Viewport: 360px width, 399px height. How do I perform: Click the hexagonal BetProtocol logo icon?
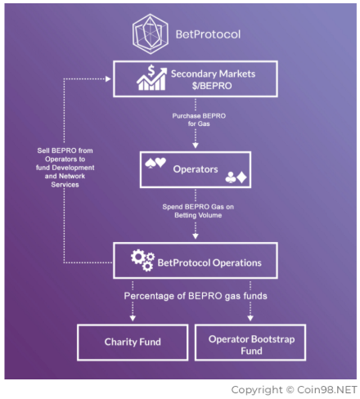coord(150,34)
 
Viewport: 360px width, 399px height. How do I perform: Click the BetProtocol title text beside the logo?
coord(208,34)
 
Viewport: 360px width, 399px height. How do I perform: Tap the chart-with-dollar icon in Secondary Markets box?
coord(151,78)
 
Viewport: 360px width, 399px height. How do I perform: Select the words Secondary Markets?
coord(213,74)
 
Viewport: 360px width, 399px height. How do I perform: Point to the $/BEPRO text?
coord(212,86)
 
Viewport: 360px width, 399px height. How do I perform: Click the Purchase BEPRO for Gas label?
coord(199,119)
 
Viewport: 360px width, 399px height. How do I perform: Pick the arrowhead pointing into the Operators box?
coord(196,146)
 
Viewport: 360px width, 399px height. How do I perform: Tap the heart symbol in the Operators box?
coord(160,162)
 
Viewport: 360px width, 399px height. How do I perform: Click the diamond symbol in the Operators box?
coord(241,177)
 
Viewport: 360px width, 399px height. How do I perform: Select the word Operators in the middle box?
coord(196,169)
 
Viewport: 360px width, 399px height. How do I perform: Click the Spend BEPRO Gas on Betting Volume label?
coord(198,211)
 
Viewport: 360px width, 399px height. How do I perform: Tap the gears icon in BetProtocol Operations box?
coord(142,260)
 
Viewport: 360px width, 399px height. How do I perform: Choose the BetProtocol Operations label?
coord(209,262)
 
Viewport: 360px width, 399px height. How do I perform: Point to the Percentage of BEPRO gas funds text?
coord(196,296)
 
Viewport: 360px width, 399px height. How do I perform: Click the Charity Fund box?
coord(133,343)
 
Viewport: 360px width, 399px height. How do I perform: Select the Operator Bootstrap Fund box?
coord(250,343)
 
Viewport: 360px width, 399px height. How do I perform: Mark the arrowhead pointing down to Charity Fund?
coord(133,318)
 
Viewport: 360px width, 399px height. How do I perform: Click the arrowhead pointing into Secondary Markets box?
coord(108,79)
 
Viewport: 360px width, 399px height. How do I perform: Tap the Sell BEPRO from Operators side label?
coord(65,168)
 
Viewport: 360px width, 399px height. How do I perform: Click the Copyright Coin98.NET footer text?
coord(294,390)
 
